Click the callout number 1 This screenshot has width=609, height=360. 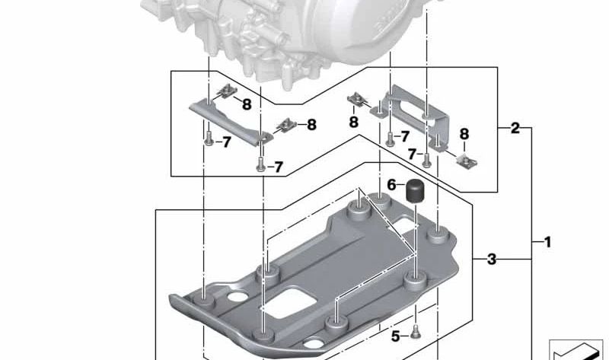tap(547, 242)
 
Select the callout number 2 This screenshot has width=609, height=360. tap(515, 128)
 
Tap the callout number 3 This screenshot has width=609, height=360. tap(492, 259)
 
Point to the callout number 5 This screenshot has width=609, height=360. tap(395, 336)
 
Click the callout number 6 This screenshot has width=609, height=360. tap(391, 185)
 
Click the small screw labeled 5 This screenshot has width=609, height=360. tap(416, 333)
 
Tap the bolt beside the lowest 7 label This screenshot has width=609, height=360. tap(260, 164)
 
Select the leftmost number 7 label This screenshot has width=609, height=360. tap(227, 142)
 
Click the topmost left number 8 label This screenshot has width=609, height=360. tap(247, 104)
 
